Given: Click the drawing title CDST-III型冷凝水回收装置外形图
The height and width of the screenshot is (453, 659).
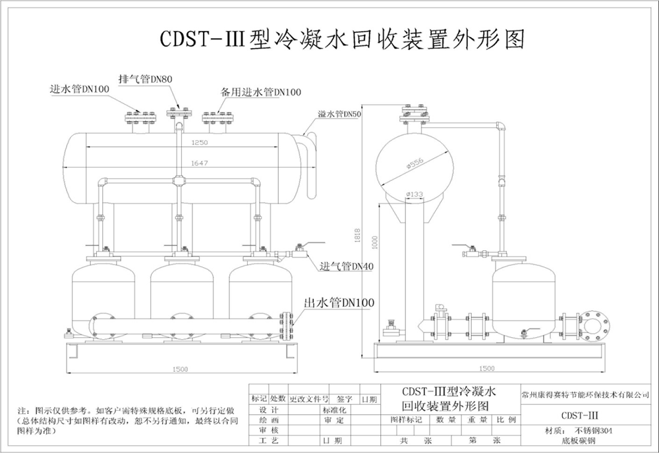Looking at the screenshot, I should [x=343, y=39].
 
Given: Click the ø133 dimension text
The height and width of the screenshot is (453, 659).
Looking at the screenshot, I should [x=415, y=194].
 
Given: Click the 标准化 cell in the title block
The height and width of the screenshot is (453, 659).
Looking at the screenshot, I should [x=333, y=410].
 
